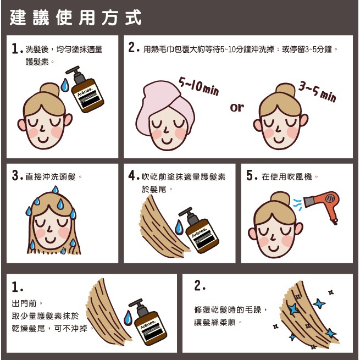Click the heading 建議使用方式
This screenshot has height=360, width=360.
pos(75,18)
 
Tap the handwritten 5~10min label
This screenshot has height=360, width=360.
pos(199,86)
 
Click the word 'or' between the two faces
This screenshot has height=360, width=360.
pos(237,107)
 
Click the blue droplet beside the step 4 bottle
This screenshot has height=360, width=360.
pos(179,227)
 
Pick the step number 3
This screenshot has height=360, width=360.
pos(15,176)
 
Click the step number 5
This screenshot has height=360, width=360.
pos(250,176)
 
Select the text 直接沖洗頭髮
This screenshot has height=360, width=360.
pos(51,177)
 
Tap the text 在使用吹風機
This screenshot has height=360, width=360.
pos(287,177)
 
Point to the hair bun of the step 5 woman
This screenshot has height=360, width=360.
pos(280,200)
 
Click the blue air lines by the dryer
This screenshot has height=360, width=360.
pos(297,205)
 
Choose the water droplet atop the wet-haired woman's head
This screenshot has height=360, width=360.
pos(55,190)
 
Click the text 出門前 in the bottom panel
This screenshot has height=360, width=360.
pos(24,304)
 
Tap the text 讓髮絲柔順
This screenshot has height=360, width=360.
pos(215,322)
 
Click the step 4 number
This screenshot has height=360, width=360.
pos(132,176)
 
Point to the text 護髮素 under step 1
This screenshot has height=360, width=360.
pos(37,62)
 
